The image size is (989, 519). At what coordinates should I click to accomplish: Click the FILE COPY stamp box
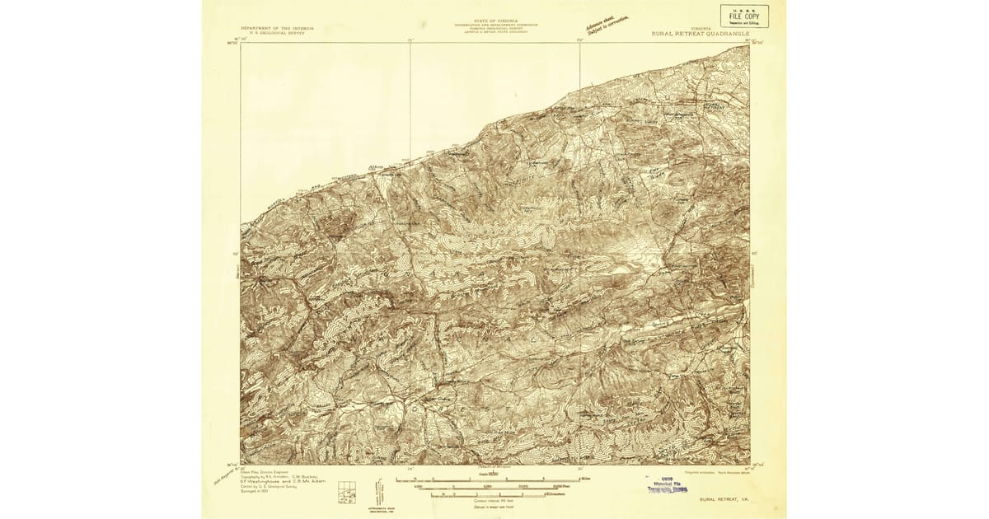(744, 16)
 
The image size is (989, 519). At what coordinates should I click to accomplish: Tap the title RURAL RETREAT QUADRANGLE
(700, 34)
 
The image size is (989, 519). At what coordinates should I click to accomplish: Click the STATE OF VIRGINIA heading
(494, 22)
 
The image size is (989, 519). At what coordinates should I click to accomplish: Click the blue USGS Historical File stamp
(667, 484)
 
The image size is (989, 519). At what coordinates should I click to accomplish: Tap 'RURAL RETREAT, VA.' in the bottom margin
(724, 499)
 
